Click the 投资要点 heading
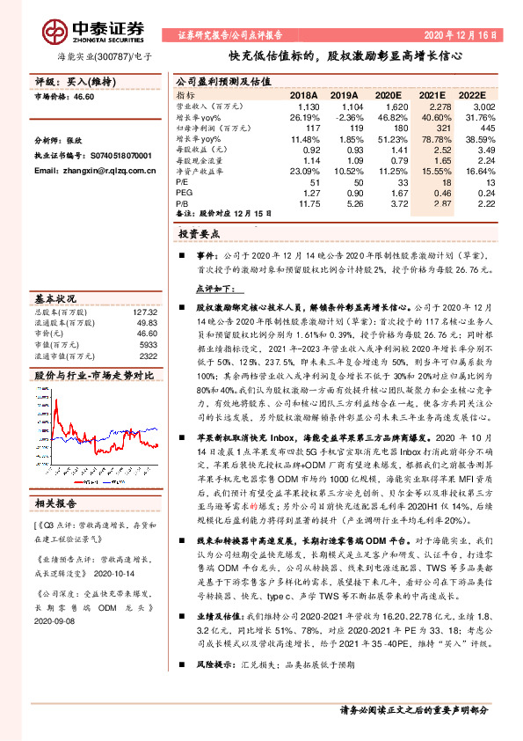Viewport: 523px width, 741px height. pyautogui.click(x=199, y=235)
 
